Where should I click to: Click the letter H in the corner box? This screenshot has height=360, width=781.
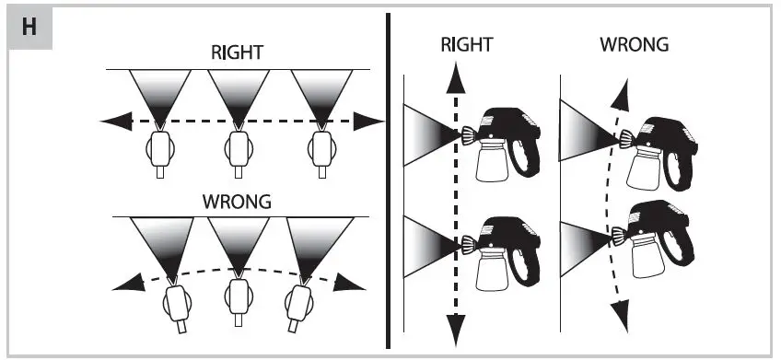click(x=29, y=26)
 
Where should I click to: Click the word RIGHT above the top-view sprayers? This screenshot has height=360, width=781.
click(x=238, y=53)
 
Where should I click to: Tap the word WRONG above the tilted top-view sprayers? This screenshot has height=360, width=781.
click(x=238, y=202)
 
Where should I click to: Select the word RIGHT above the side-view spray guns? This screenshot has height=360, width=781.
click(x=468, y=44)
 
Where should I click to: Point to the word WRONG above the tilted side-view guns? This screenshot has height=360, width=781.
click(x=634, y=44)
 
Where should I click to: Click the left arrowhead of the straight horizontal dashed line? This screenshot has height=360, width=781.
click(x=111, y=121)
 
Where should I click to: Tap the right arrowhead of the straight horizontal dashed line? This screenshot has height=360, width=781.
click(x=371, y=121)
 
